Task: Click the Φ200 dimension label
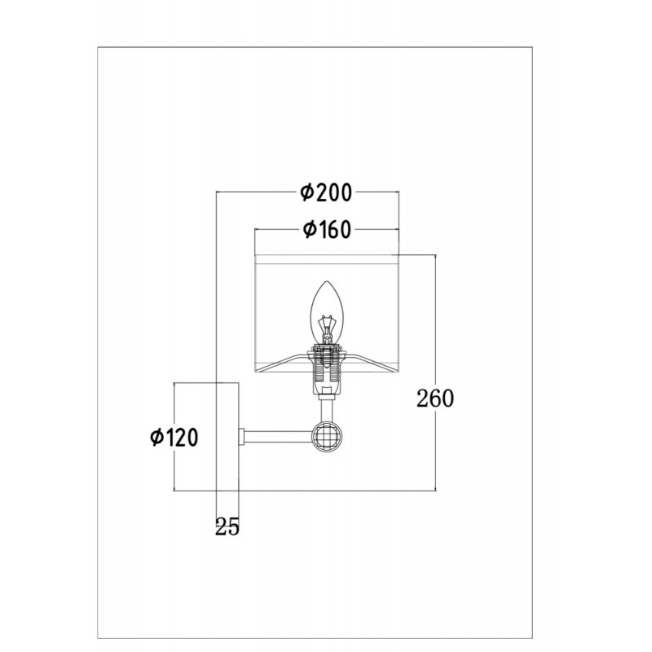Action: (327, 192)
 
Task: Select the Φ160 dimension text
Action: (328, 230)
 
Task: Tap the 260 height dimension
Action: (435, 399)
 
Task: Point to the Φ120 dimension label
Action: (174, 438)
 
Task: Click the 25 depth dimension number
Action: (227, 527)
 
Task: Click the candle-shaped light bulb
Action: (327, 313)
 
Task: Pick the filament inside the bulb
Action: (327, 328)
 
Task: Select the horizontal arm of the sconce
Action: (278, 437)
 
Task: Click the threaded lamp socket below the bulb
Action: (327, 370)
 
